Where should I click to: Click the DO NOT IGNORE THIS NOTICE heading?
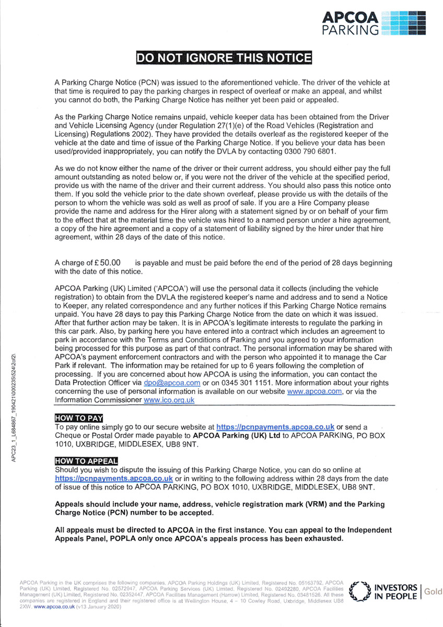(224, 58)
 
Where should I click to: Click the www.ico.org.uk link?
(169, 400)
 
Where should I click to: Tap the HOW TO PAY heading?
(79, 417)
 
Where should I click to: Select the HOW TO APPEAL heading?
(87, 460)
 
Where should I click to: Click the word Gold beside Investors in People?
(433, 591)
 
